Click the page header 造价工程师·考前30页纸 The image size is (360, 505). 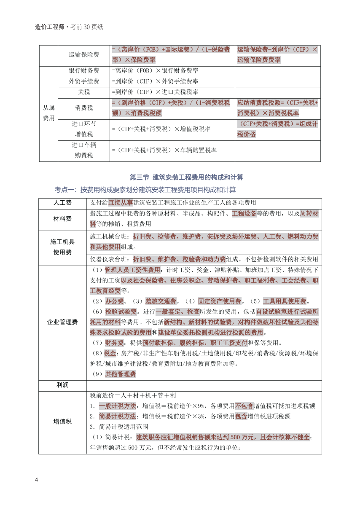coord(69,27)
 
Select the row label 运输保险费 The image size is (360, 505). coord(84,55)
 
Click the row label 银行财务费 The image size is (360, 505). coord(84,71)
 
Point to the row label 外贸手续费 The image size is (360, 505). coord(84,81)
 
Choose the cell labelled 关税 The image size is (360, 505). coord(84,92)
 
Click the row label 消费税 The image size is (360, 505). coord(84,108)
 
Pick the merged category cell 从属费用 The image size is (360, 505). coord(48,113)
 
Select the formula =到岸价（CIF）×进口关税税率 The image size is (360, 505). coord(155,92)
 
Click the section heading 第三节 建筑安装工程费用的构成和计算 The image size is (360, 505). coord(186,177)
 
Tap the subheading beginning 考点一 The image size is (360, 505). coord(145,190)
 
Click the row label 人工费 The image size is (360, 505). coord(62,203)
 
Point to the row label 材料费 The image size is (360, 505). coord(62,219)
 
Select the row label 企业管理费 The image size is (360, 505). coord(62,322)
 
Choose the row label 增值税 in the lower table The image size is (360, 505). coord(62,422)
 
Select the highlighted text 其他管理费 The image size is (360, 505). coord(120,374)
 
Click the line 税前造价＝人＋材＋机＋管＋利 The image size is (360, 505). coord(133,396)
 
